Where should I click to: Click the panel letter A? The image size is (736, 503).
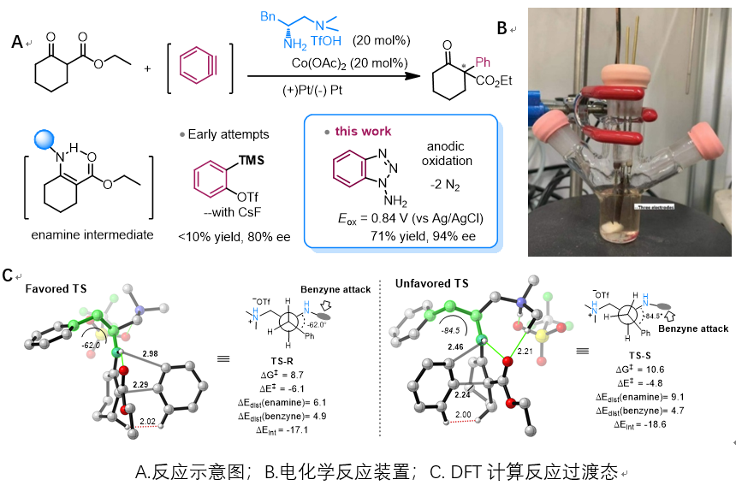point(16,40)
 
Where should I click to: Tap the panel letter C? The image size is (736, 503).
point(8,275)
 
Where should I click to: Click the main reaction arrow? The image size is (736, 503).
point(335,76)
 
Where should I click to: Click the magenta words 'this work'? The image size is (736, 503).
point(363,131)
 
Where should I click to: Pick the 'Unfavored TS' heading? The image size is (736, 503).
point(431,283)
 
